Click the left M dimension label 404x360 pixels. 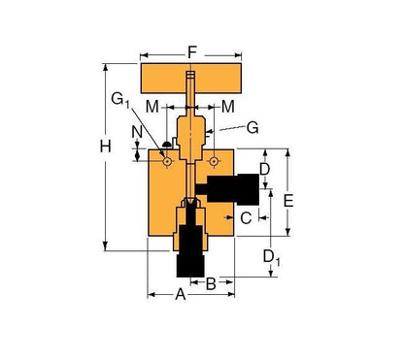(151, 104)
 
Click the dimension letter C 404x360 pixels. (246, 218)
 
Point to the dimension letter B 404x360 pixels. (211, 283)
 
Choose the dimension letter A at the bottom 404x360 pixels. (179, 296)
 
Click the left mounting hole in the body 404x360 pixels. (167, 162)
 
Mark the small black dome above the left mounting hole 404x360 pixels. (167, 147)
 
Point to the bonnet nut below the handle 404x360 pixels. (190, 126)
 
